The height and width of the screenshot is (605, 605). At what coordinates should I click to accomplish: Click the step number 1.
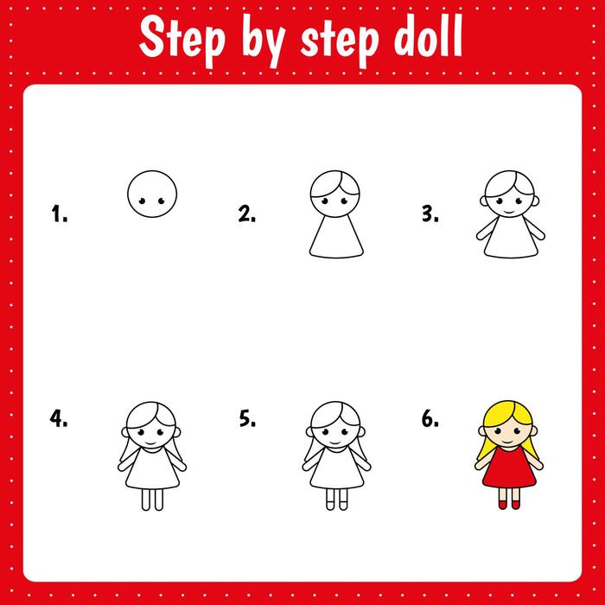[x=58, y=214]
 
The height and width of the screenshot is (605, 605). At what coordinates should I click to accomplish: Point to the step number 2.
[x=246, y=214]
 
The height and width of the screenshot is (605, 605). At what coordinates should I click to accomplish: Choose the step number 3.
[x=430, y=214]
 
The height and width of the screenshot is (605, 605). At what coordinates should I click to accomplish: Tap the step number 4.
[x=58, y=420]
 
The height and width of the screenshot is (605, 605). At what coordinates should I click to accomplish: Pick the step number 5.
[x=246, y=420]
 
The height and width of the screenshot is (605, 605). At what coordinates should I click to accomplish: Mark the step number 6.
[x=430, y=420]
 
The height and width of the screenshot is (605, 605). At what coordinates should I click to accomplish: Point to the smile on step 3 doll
[x=510, y=212]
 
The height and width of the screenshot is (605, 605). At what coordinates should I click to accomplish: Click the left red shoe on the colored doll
[x=501, y=503]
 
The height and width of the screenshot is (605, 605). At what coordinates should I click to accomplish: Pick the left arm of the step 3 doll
[x=480, y=231]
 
